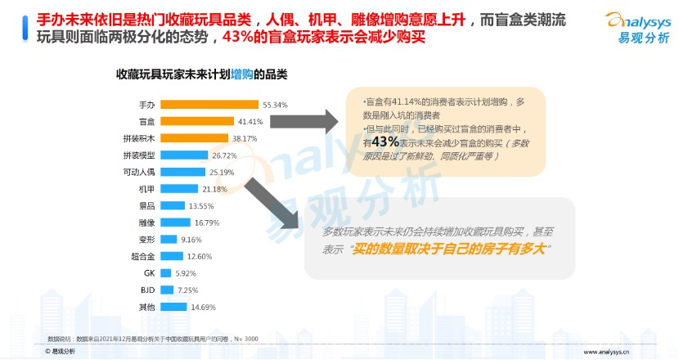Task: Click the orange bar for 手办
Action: tap(209, 105)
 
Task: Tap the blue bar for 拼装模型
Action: tap(184, 155)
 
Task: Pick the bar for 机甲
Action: tap(179, 189)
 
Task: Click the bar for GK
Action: tap(165, 273)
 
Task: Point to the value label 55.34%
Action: tap(276, 105)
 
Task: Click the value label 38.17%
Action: tap(245, 138)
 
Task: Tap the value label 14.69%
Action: tap(201, 307)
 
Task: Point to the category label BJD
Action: tap(148, 290)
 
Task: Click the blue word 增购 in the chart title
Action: tap(242, 74)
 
